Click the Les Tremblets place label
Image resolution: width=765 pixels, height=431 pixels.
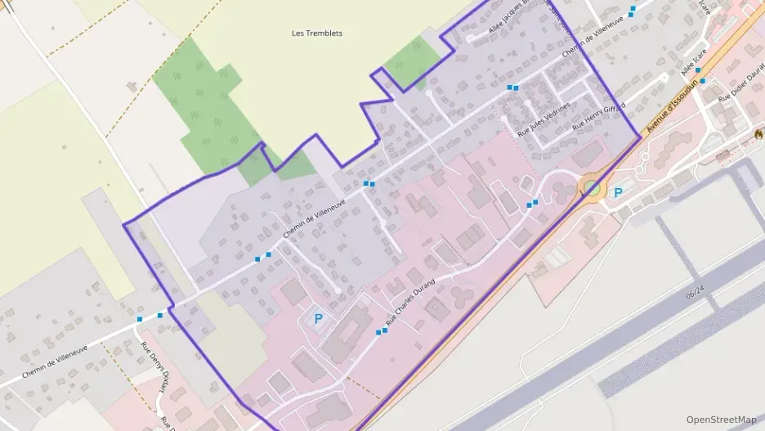coord(317,34)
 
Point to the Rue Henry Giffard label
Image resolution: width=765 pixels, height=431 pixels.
coord(598,117)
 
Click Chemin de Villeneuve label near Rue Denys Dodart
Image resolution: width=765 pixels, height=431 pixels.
coord(56,361)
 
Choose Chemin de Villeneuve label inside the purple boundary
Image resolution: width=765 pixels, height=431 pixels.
coord(315,218)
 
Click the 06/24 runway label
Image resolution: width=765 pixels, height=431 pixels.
coord(695,293)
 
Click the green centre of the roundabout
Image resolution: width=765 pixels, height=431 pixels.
coord(592,190)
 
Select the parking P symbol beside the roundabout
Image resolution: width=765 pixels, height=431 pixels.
coord(618,192)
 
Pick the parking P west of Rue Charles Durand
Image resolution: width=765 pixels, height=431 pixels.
coord(318,318)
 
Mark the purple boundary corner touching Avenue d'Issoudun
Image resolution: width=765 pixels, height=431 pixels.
coord(640,137)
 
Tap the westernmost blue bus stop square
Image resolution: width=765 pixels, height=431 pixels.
coord(140,319)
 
